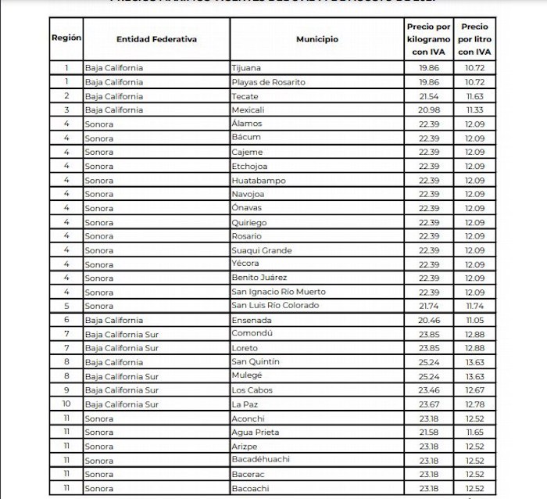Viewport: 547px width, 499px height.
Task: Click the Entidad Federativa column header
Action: (x=156, y=38)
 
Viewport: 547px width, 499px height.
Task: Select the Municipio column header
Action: (x=317, y=38)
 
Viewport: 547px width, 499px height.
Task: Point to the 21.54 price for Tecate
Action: (x=428, y=95)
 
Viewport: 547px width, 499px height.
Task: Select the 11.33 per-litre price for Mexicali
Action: (x=475, y=109)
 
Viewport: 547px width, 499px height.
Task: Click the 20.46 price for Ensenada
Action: (x=428, y=320)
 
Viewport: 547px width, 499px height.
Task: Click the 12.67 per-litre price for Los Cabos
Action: (x=475, y=390)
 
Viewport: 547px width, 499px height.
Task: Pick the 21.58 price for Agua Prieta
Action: (x=428, y=432)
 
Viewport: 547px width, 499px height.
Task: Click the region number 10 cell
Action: (x=67, y=404)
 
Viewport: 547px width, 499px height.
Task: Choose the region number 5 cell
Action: (x=67, y=306)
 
